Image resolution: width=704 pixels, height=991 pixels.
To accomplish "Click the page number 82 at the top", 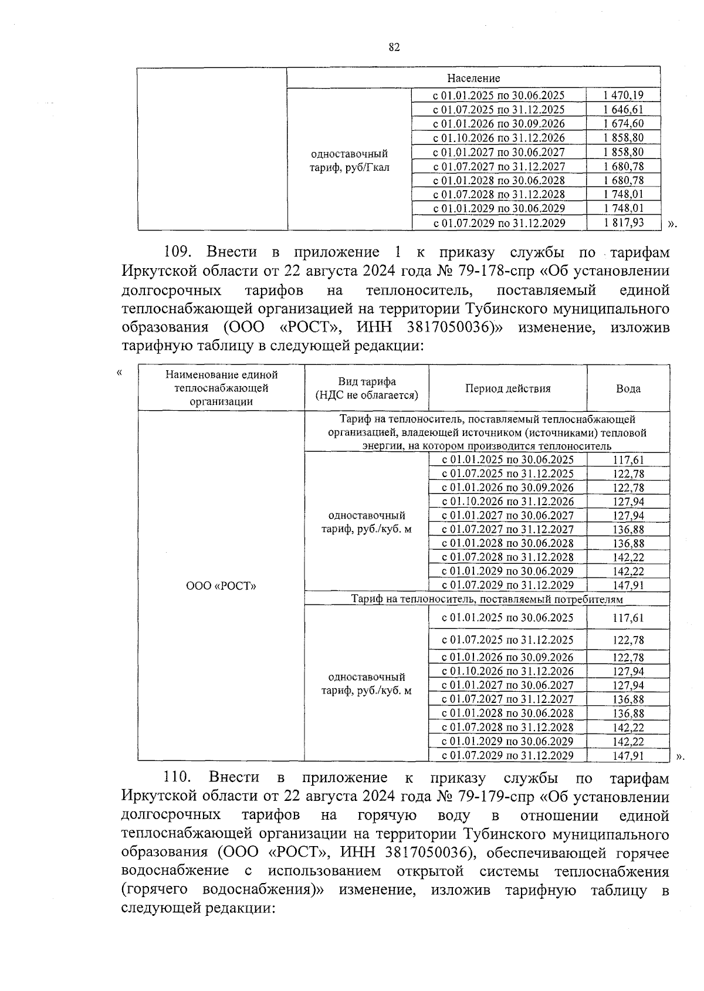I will tap(394, 48).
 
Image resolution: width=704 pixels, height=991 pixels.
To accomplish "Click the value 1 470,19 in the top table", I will tap(623, 95).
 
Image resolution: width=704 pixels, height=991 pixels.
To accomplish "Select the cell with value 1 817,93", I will tap(623, 223).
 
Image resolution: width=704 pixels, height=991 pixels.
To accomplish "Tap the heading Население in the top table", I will tap(473, 79).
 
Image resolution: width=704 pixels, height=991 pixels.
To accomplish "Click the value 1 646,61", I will tap(623, 110).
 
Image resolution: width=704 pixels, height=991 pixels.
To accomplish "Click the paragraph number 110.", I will tap(178, 777).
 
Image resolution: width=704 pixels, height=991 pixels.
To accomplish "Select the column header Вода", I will tap(628, 389).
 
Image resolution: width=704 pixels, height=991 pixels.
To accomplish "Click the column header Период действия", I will tap(508, 389).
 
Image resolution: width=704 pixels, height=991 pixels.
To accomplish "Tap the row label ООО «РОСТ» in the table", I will tap(221, 586).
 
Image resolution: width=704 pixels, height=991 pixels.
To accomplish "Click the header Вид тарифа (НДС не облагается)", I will tap(367, 389).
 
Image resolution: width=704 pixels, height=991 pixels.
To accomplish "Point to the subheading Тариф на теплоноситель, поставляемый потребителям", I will tap(486, 600).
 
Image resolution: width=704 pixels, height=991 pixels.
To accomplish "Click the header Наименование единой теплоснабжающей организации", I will tap(221, 388).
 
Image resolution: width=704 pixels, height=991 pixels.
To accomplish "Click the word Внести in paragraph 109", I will tap(232, 252).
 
